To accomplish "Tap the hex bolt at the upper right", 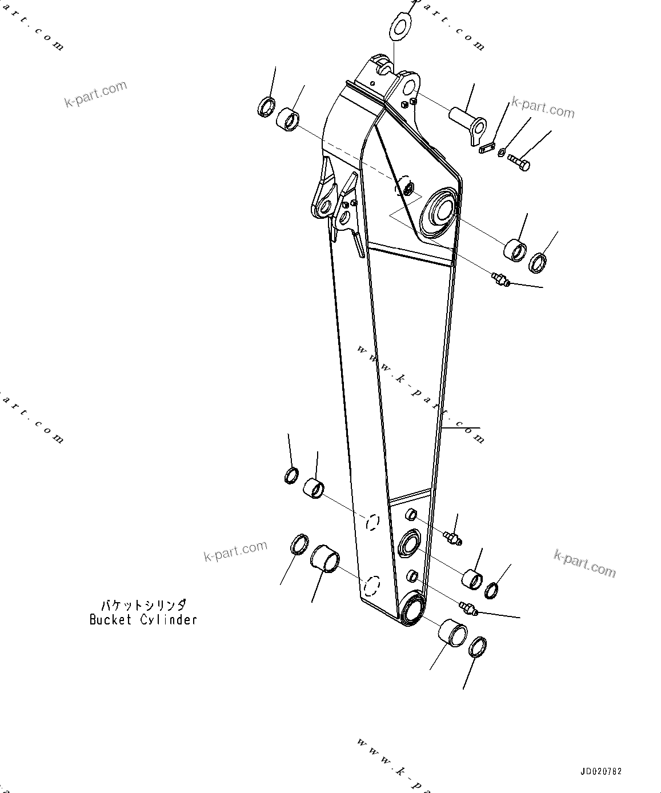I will [x=519, y=162].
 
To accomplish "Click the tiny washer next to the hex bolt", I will [x=501, y=153].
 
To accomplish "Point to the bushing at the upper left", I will [x=288, y=121].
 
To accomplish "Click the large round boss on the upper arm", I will [x=438, y=210].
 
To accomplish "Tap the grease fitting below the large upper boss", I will [x=500, y=279].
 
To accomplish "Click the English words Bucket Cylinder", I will [x=143, y=619].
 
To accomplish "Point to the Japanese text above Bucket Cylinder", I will [x=143, y=605].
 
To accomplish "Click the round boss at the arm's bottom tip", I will [x=412, y=609].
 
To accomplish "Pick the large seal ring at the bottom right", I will [x=478, y=647].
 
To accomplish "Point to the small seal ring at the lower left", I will [x=291, y=475].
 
